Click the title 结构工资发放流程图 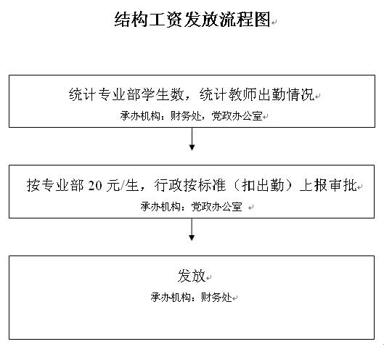click(192, 20)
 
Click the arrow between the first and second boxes click(192, 139)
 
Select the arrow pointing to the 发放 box click(192, 229)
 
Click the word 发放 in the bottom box click(192, 276)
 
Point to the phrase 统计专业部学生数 click(126, 94)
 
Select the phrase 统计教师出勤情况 click(257, 94)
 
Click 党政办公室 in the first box click(237, 116)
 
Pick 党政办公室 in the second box click(216, 207)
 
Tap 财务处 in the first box click(186, 116)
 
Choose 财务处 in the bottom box click(216, 298)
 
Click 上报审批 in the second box click(328, 185)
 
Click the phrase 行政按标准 click(190, 185)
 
